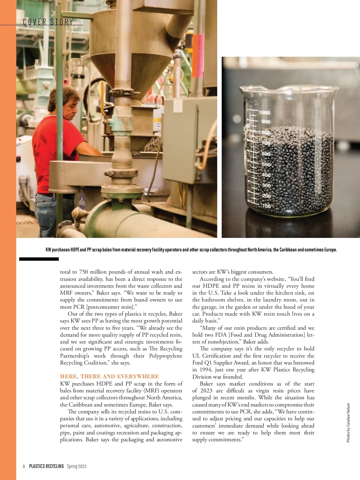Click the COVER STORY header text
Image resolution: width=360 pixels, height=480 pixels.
48,22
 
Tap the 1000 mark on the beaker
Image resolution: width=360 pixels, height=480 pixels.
264,112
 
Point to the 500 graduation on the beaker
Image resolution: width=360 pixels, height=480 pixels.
266,165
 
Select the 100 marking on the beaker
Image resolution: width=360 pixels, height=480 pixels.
266,206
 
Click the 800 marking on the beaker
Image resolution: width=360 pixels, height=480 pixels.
265,133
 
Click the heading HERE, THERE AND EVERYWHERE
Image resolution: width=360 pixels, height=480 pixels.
109,376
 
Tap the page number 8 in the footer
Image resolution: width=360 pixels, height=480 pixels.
24,466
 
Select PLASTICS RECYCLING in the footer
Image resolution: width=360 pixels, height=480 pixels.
46,466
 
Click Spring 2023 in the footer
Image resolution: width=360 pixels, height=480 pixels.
76,466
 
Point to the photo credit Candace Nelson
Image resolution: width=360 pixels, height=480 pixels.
348,422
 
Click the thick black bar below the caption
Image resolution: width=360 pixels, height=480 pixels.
39,259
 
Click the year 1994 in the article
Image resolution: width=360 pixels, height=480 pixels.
205,370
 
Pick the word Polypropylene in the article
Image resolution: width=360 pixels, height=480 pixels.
166,356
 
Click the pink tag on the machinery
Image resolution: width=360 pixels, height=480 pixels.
200,56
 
